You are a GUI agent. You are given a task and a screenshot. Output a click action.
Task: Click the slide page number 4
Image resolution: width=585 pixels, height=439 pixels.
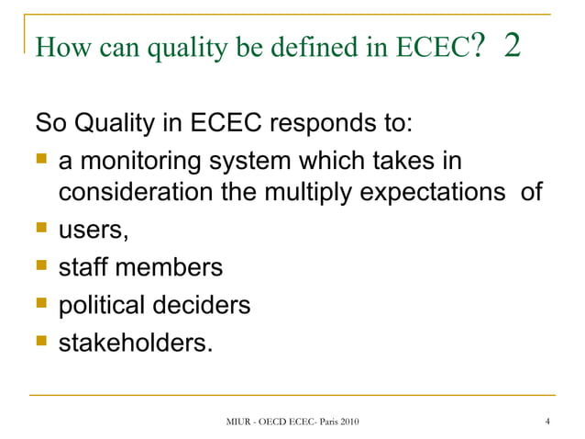(x=546, y=422)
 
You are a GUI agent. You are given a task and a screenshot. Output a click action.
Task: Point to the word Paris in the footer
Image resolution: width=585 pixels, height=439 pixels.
(x=325, y=422)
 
